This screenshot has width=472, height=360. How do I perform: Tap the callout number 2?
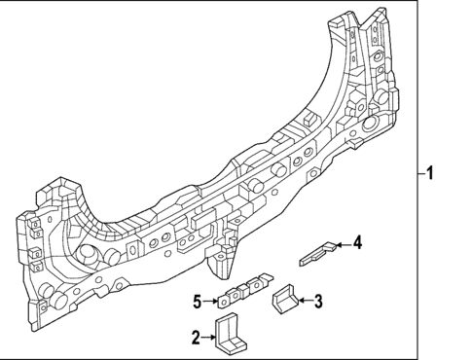[x=197, y=337]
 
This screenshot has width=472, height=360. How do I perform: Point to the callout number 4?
[x=358, y=242]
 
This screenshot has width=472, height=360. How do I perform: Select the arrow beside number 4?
[x=344, y=244]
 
